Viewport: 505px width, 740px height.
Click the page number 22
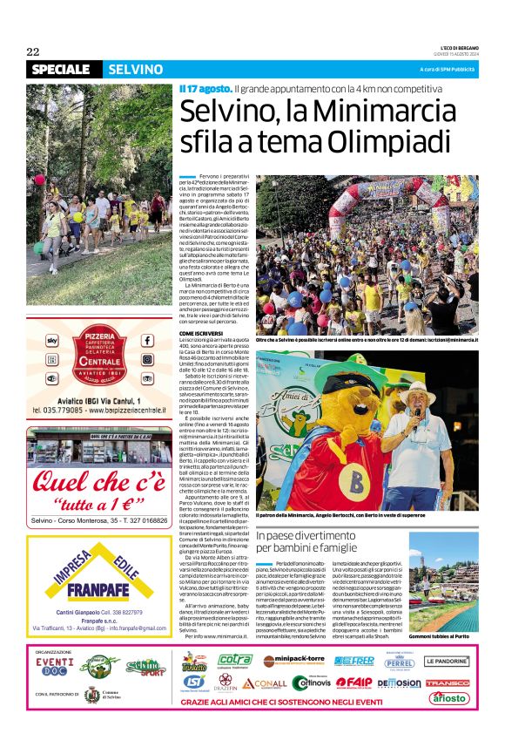point(33,51)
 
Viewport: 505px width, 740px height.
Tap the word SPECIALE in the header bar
point(60,70)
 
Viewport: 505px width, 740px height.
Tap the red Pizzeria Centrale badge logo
point(98,351)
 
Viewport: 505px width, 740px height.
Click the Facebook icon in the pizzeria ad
point(146,341)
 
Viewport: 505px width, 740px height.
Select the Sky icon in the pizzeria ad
point(51,340)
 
